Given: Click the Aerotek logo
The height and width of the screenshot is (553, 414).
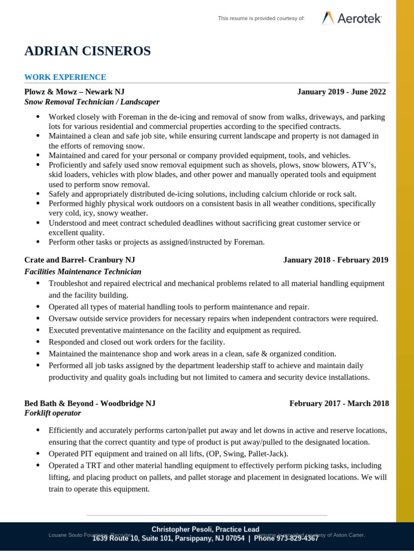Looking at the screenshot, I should (x=351, y=18).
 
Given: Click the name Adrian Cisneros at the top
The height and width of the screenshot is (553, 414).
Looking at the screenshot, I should (x=87, y=51).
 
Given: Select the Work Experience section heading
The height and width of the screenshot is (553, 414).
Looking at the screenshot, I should (x=65, y=77).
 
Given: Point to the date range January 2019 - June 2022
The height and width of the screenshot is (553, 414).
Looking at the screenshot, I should (x=341, y=92).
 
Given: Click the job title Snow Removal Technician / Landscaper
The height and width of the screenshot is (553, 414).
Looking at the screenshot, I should (x=92, y=102).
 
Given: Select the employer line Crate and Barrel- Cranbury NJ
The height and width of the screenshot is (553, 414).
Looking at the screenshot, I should (x=80, y=260).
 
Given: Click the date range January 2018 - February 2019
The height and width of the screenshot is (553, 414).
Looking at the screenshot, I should (x=335, y=260).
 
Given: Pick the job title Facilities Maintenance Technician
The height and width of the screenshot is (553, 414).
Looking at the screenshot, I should (x=82, y=272).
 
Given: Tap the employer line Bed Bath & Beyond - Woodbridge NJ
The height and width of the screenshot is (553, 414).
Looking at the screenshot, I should (x=89, y=403).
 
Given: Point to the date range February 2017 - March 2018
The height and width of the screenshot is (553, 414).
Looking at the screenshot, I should (x=339, y=403).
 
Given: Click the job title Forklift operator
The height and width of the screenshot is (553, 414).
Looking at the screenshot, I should (x=52, y=413).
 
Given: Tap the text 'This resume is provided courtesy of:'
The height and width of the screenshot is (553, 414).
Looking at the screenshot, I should (x=261, y=18).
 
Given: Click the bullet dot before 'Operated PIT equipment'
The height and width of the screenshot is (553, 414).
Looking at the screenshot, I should (x=38, y=454).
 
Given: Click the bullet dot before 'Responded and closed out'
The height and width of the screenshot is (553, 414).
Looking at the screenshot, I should (x=38, y=342).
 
